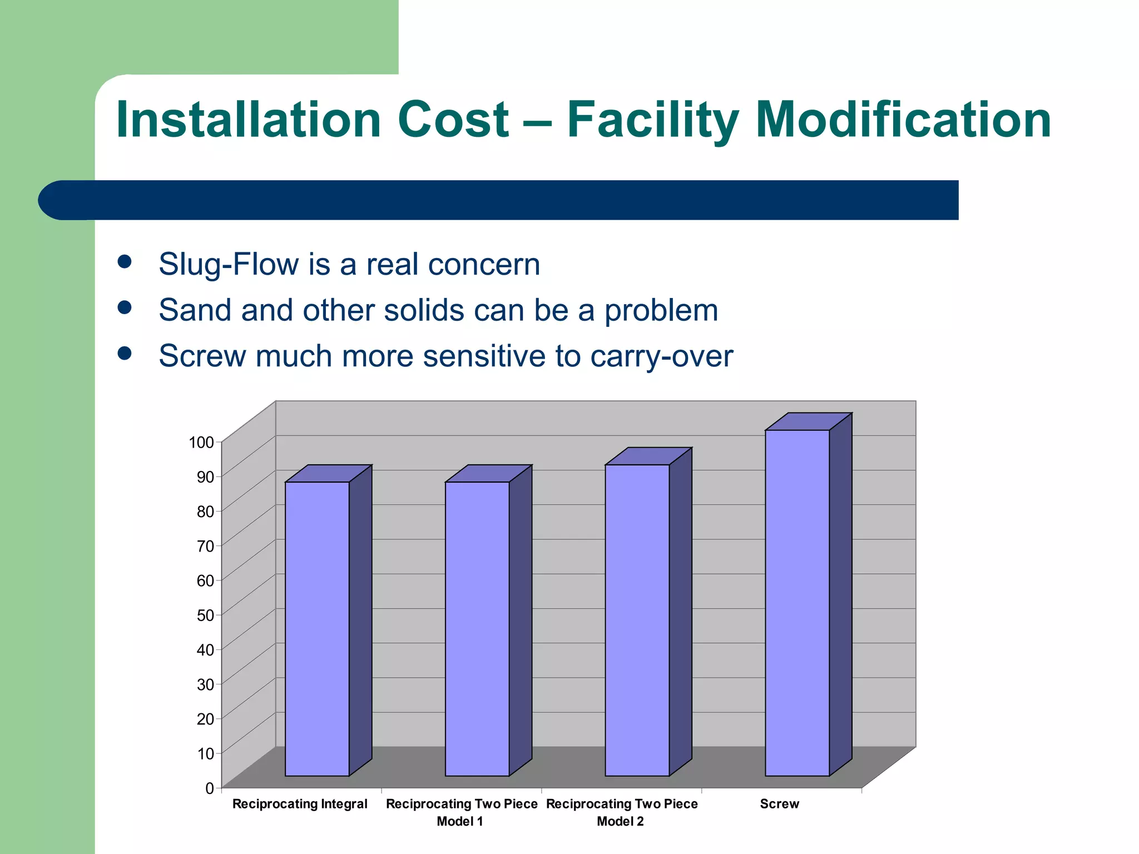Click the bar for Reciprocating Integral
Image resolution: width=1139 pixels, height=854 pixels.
(317, 628)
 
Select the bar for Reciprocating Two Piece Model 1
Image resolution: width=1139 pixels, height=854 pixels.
(477, 628)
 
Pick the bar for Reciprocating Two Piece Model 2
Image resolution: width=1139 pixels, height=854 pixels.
(637, 620)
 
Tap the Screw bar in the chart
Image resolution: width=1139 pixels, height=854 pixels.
(797, 603)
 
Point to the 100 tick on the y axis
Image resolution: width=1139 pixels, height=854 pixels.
(201, 443)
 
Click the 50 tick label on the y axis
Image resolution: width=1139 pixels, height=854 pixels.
(205, 615)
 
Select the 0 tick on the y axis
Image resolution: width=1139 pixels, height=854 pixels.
(210, 788)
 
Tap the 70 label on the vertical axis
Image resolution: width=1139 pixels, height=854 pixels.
(205, 546)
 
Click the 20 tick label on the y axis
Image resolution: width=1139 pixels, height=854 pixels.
(205, 719)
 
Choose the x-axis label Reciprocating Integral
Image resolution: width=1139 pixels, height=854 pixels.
(300, 804)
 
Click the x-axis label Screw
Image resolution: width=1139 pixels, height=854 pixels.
(779, 804)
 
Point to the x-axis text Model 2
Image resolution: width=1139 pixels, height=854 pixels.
(620, 822)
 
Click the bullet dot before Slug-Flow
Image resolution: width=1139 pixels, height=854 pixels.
(125, 262)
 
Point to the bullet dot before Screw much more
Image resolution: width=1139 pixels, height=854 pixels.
(125, 354)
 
